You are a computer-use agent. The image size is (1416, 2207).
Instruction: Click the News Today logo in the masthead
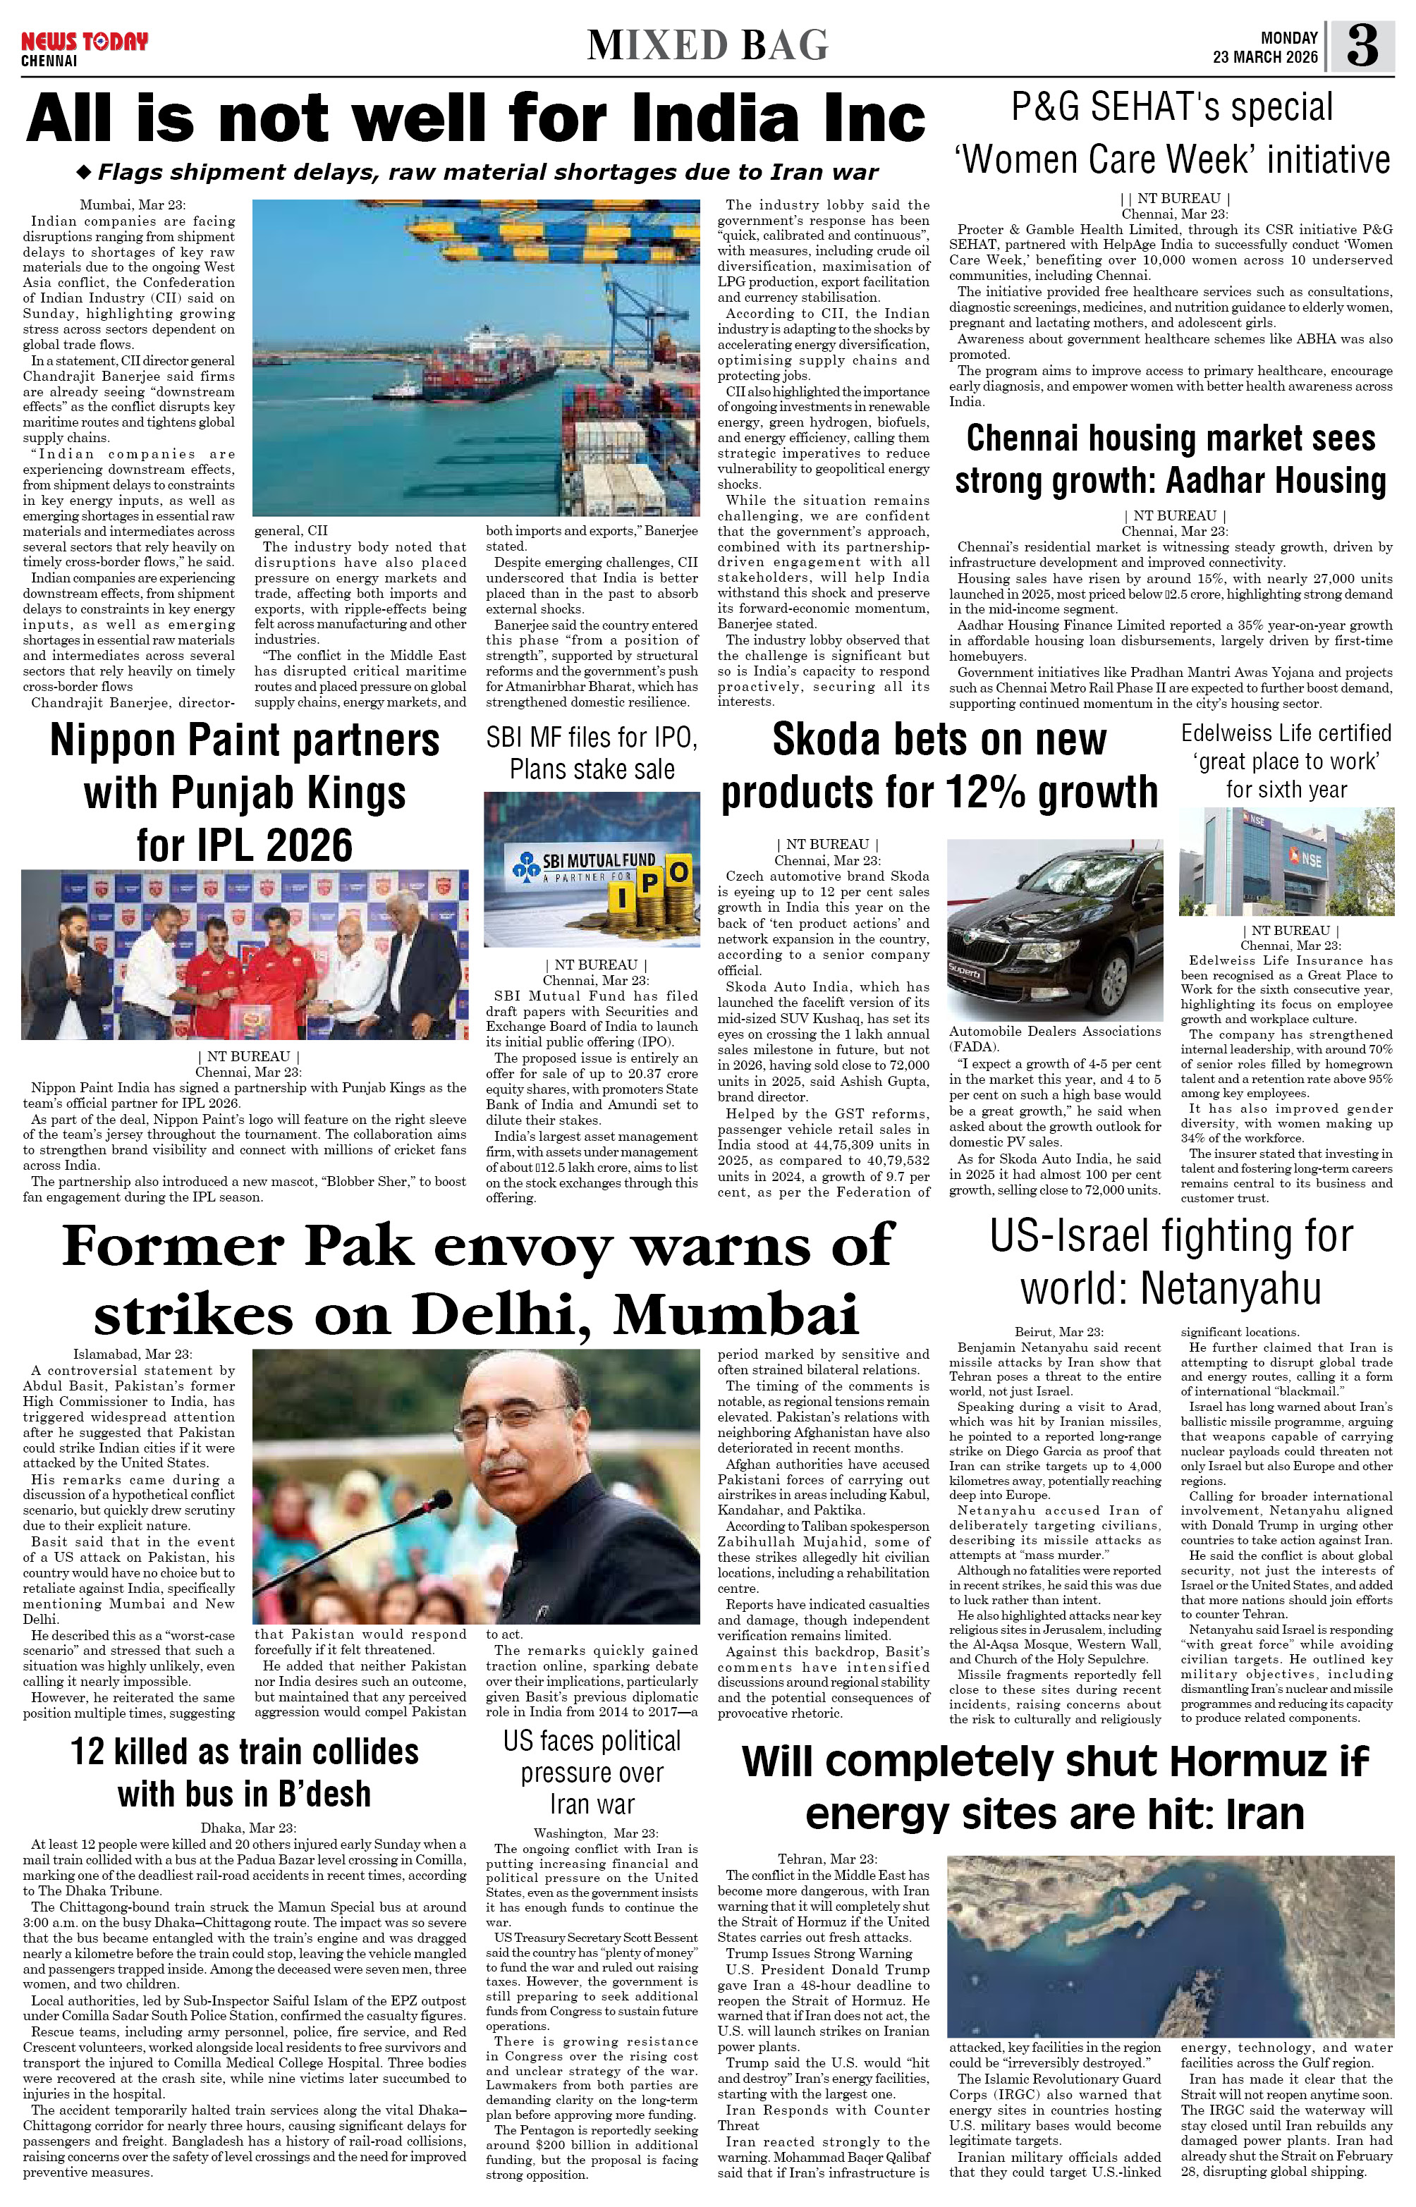(x=84, y=42)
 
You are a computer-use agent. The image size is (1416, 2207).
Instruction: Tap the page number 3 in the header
(x=1362, y=46)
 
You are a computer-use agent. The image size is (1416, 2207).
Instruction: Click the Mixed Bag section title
(x=707, y=45)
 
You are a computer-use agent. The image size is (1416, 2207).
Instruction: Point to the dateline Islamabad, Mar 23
(x=133, y=1354)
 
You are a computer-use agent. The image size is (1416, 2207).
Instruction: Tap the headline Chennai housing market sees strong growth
(x=1171, y=460)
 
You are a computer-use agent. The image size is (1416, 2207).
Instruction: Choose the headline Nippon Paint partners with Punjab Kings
(x=245, y=793)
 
